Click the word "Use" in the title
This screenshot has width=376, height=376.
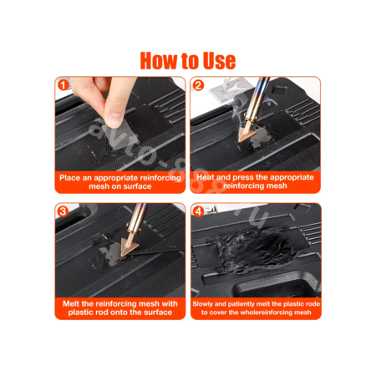(x=219, y=61)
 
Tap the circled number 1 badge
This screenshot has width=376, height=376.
(x=64, y=84)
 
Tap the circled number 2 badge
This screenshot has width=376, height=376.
(x=198, y=85)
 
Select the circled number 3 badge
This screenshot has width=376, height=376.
(x=63, y=211)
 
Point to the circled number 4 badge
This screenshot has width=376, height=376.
(x=198, y=211)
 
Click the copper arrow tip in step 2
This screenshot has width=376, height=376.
(x=246, y=132)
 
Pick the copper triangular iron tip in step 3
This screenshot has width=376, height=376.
(x=129, y=246)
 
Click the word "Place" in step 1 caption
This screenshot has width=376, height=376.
(x=70, y=178)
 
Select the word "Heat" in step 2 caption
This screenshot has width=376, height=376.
(x=206, y=177)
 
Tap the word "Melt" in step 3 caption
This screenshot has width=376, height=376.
(x=71, y=303)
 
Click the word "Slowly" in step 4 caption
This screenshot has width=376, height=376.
(x=202, y=304)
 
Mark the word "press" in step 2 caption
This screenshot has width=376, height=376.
(x=243, y=178)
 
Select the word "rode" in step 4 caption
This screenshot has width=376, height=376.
(x=312, y=304)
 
